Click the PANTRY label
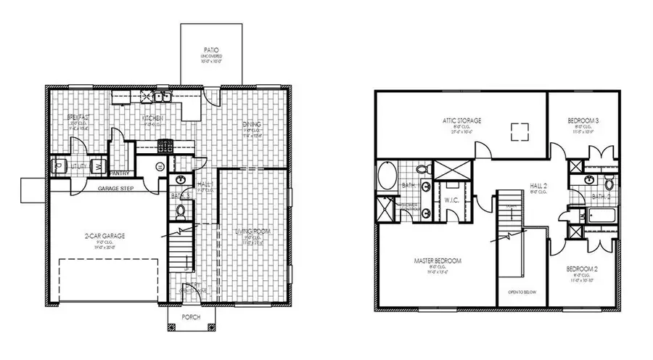pos(120,173)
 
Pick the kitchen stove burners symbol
pos(165,145)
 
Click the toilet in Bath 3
pos(181,211)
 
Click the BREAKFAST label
pos(78,118)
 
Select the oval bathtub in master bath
pos(387,175)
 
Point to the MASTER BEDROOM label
pos(438,261)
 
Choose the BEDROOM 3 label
pos(582,120)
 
